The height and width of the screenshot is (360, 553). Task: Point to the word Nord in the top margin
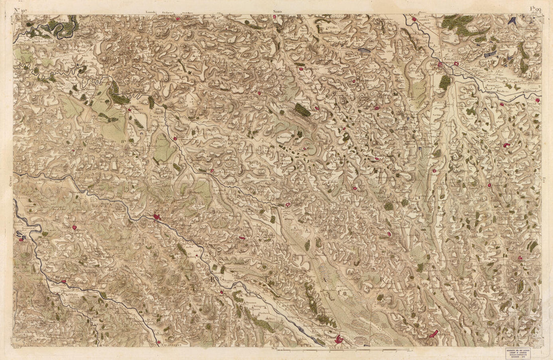[x=278, y=10]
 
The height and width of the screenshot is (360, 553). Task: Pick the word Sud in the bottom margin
[x=274, y=348]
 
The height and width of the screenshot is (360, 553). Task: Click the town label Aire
[x=433, y=64]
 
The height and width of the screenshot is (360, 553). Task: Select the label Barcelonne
[x=458, y=58]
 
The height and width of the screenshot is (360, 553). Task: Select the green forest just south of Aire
[x=445, y=81]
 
